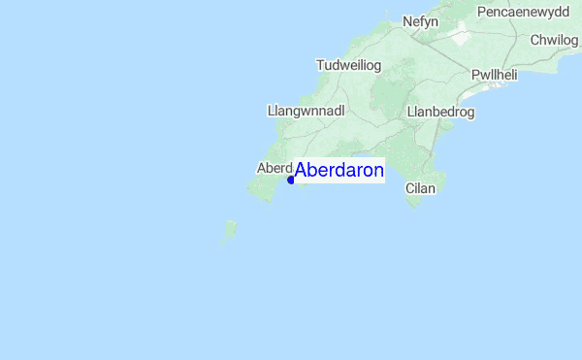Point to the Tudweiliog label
pyautogui.click(x=349, y=65)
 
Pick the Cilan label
pyautogui.click(x=421, y=188)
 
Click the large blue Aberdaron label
pyautogui.click(x=339, y=171)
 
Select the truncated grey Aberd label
pyautogui.click(x=275, y=168)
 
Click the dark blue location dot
pyautogui.click(x=291, y=180)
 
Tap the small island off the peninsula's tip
pyautogui.click(x=231, y=229)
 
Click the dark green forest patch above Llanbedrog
pyautogui.click(x=393, y=92)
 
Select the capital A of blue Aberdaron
pyautogui.click(x=302, y=171)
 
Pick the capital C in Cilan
pyautogui.click(x=410, y=188)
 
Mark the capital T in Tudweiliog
pyautogui.click(x=321, y=65)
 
